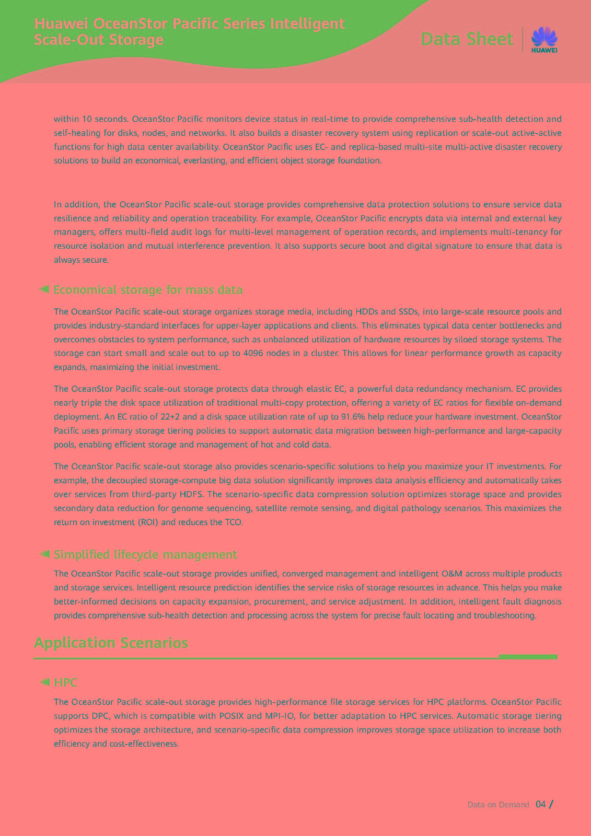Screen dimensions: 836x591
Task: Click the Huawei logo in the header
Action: click(544, 40)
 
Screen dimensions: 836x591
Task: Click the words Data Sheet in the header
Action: click(467, 39)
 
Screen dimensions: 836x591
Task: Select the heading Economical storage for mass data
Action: click(148, 290)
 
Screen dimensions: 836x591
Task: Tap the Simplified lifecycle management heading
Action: click(145, 554)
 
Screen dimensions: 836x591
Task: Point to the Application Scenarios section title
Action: click(111, 643)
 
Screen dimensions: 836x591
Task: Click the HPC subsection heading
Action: click(66, 682)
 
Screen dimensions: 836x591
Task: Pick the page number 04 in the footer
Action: click(541, 804)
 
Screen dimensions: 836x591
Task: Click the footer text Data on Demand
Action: click(498, 805)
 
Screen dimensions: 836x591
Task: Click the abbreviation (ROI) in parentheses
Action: click(147, 522)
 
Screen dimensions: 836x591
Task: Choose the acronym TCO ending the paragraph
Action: click(233, 522)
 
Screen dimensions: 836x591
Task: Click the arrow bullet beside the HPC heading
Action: click(44, 682)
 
